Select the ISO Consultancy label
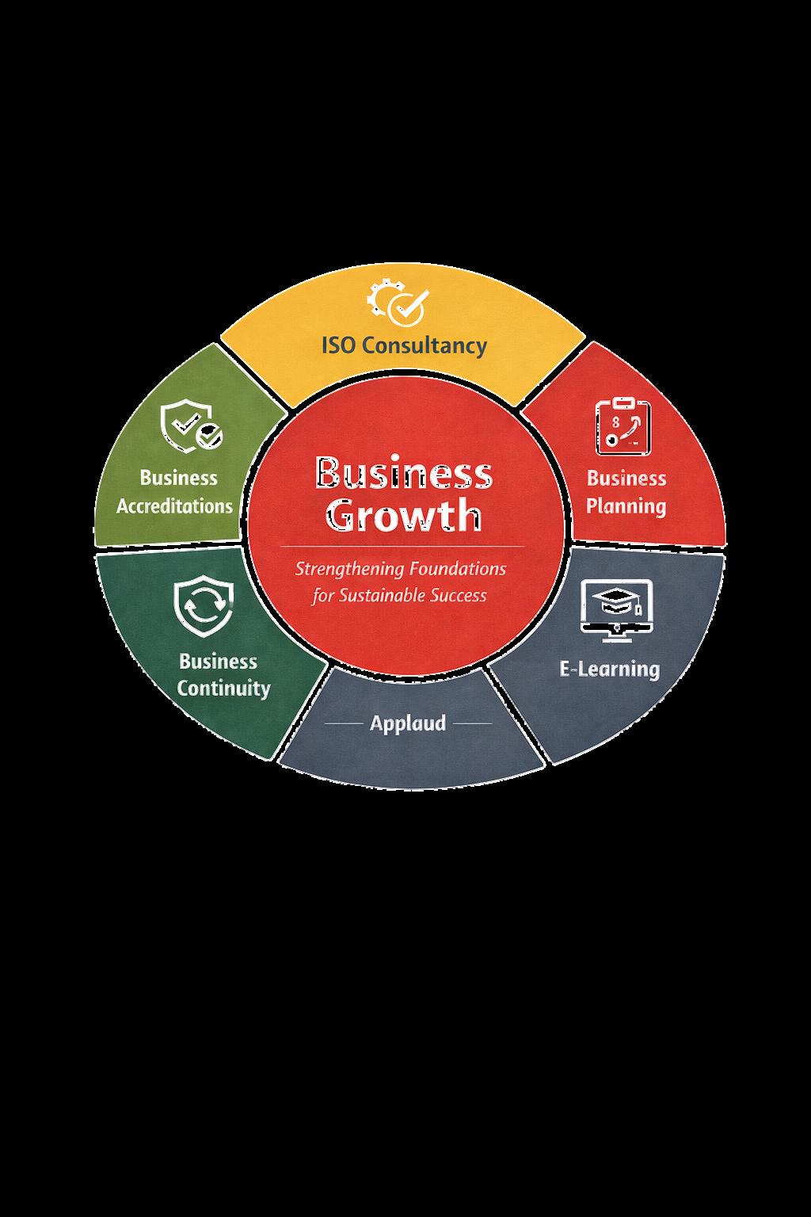coord(404,345)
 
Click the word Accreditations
coord(175,506)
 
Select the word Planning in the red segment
coord(626,506)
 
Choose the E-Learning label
coord(609,669)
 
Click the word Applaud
coord(408,723)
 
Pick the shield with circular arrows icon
coord(204,607)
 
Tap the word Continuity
coord(223,688)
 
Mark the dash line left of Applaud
coord(344,723)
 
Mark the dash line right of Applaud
coord(472,723)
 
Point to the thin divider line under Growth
coord(402,547)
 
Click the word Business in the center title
coord(404,474)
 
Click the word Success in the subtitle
coord(459,596)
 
